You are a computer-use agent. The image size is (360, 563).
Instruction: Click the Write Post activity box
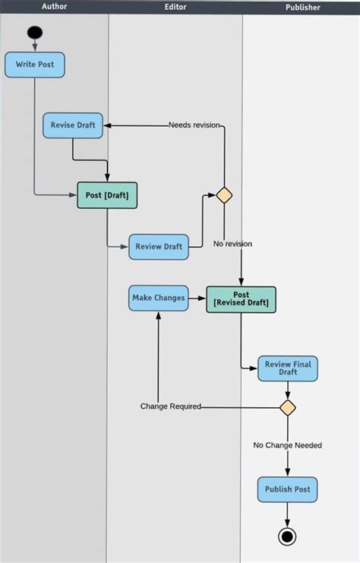pyautogui.click(x=34, y=65)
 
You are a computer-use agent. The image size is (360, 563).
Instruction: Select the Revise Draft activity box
pyautogui.click(x=73, y=125)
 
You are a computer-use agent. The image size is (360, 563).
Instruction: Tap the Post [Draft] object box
pyautogui.click(x=107, y=195)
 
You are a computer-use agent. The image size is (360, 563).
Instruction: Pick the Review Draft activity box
pyautogui.click(x=158, y=247)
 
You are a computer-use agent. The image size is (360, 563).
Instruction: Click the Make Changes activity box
pyautogui.click(x=158, y=298)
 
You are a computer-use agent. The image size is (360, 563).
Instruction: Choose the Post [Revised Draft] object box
pyautogui.click(x=241, y=299)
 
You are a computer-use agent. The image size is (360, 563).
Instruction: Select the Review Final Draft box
pyautogui.click(x=287, y=368)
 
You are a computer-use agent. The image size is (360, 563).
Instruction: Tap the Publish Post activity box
pyautogui.click(x=287, y=489)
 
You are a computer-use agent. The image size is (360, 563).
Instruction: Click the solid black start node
pyautogui.click(x=35, y=33)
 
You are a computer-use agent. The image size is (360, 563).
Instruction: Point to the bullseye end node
pyautogui.click(x=287, y=536)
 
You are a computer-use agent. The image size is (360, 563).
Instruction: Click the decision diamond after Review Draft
pyautogui.click(x=224, y=195)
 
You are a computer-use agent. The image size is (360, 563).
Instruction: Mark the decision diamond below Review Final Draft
pyautogui.click(x=287, y=407)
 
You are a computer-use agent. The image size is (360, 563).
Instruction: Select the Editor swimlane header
pyautogui.click(x=176, y=6)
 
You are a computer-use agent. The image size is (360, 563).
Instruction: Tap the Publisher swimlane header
pyautogui.click(x=302, y=7)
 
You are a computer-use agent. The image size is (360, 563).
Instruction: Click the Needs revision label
pyautogui.click(x=195, y=125)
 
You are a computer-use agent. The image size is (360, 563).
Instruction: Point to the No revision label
pyautogui.click(x=232, y=244)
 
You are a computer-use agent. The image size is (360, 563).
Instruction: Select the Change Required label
pyautogui.click(x=170, y=406)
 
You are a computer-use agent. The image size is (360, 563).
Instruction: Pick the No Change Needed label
pyautogui.click(x=287, y=445)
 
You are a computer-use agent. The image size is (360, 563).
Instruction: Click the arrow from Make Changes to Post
pyautogui.click(x=197, y=298)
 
